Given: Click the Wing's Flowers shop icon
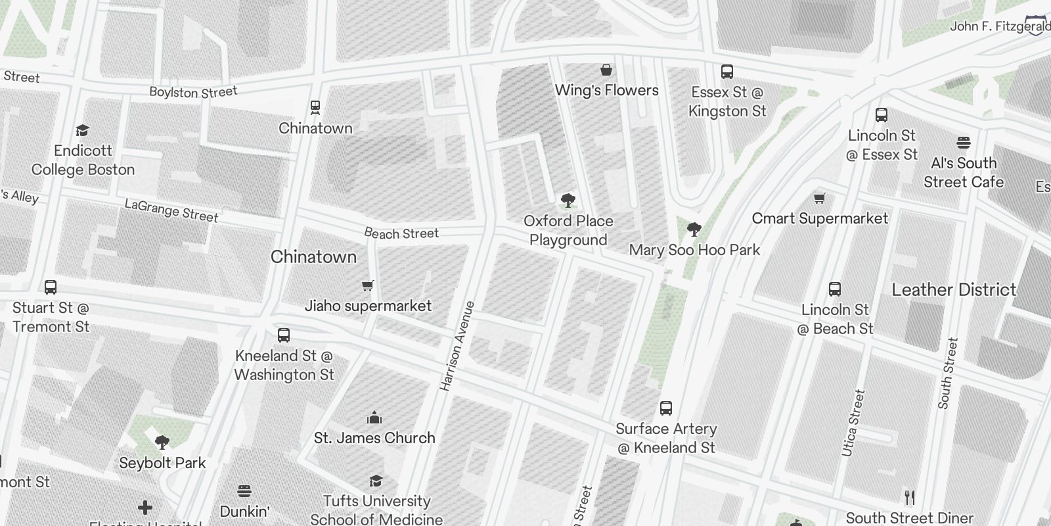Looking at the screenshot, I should (606, 70).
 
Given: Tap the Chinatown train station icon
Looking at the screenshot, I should (315, 107).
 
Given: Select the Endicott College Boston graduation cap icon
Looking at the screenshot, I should (82, 130).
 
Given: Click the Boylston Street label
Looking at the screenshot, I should (193, 92).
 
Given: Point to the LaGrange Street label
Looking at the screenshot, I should (171, 211).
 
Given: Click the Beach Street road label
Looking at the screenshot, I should (401, 233).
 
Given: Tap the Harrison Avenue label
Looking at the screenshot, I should (457, 347).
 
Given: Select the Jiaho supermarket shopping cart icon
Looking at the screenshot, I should (368, 285).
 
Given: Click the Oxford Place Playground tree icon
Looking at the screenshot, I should (568, 201).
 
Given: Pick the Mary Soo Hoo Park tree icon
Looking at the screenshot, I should (694, 229).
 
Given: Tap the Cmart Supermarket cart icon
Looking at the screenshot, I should (819, 198).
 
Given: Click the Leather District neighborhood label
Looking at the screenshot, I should (954, 290).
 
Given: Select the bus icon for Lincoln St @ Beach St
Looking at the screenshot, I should (835, 289).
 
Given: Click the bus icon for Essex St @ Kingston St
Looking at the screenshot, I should (727, 72).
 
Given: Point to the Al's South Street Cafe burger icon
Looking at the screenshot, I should (964, 143).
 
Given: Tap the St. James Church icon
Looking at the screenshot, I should (374, 418).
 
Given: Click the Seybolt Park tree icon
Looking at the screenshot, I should (162, 442).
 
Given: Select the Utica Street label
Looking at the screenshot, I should (853, 423).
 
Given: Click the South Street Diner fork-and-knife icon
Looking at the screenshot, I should (910, 498).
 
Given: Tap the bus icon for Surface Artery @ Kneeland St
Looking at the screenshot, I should (666, 408).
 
